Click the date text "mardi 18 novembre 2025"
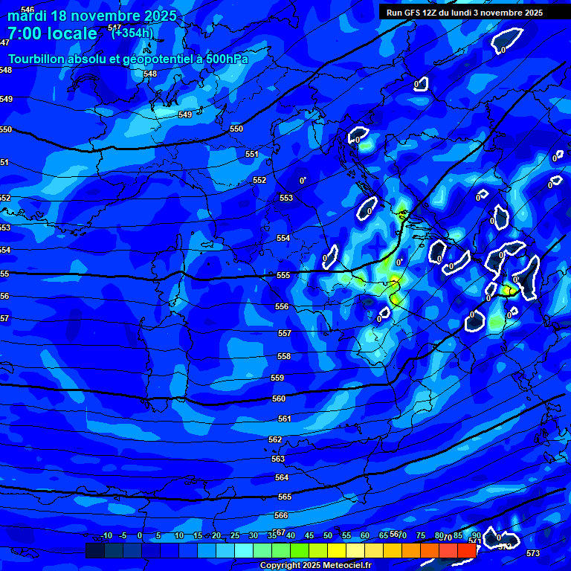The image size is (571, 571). coord(92,16)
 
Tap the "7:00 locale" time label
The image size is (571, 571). coord(52,33)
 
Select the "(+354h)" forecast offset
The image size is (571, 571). coord(133,33)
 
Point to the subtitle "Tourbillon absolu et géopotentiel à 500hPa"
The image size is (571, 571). coord(128,59)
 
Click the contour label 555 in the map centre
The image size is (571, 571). coord(283,275)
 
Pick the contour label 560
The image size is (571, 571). coord(279,399)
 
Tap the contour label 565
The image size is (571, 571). coord(284,497)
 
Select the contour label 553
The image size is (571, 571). coord(286,198)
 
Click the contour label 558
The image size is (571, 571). coord(284,356)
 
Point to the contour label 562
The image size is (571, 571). coord(275,439)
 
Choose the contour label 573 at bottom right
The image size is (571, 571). coord(532,553)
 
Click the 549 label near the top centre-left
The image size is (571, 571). coord(185,114)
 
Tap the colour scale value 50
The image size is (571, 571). coord(328,536)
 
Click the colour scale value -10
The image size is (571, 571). coord(106,536)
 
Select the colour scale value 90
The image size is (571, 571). coord(477,536)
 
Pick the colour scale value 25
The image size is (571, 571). coord(235,536)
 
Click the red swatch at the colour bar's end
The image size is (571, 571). coord(466,550)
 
